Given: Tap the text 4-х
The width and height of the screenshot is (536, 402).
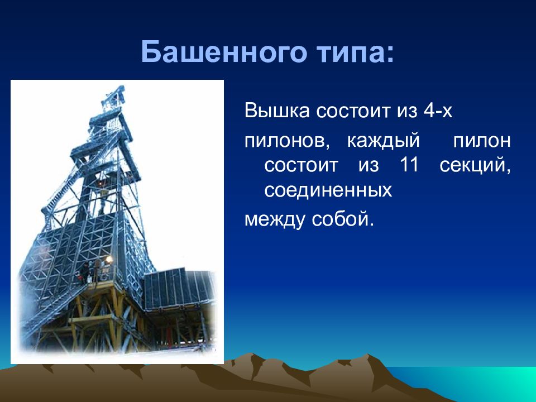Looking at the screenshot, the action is tap(438, 111).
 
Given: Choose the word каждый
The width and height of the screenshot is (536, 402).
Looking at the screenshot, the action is tap(383, 141).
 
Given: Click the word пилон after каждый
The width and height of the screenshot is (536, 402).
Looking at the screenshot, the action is tap(482, 141).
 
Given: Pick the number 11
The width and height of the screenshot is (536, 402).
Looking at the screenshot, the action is tap(409, 164).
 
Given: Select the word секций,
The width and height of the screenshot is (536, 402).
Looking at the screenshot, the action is tap(475, 165).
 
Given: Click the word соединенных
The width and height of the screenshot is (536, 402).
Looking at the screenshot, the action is tap(328, 190).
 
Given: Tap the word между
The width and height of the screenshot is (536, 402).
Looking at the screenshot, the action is tap(274, 219).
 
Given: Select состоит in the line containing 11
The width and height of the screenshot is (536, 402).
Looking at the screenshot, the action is tap(301, 165).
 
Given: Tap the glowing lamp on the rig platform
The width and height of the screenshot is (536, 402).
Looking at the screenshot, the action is tap(109, 260).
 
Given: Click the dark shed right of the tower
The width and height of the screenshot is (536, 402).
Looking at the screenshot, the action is tap(179, 289).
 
